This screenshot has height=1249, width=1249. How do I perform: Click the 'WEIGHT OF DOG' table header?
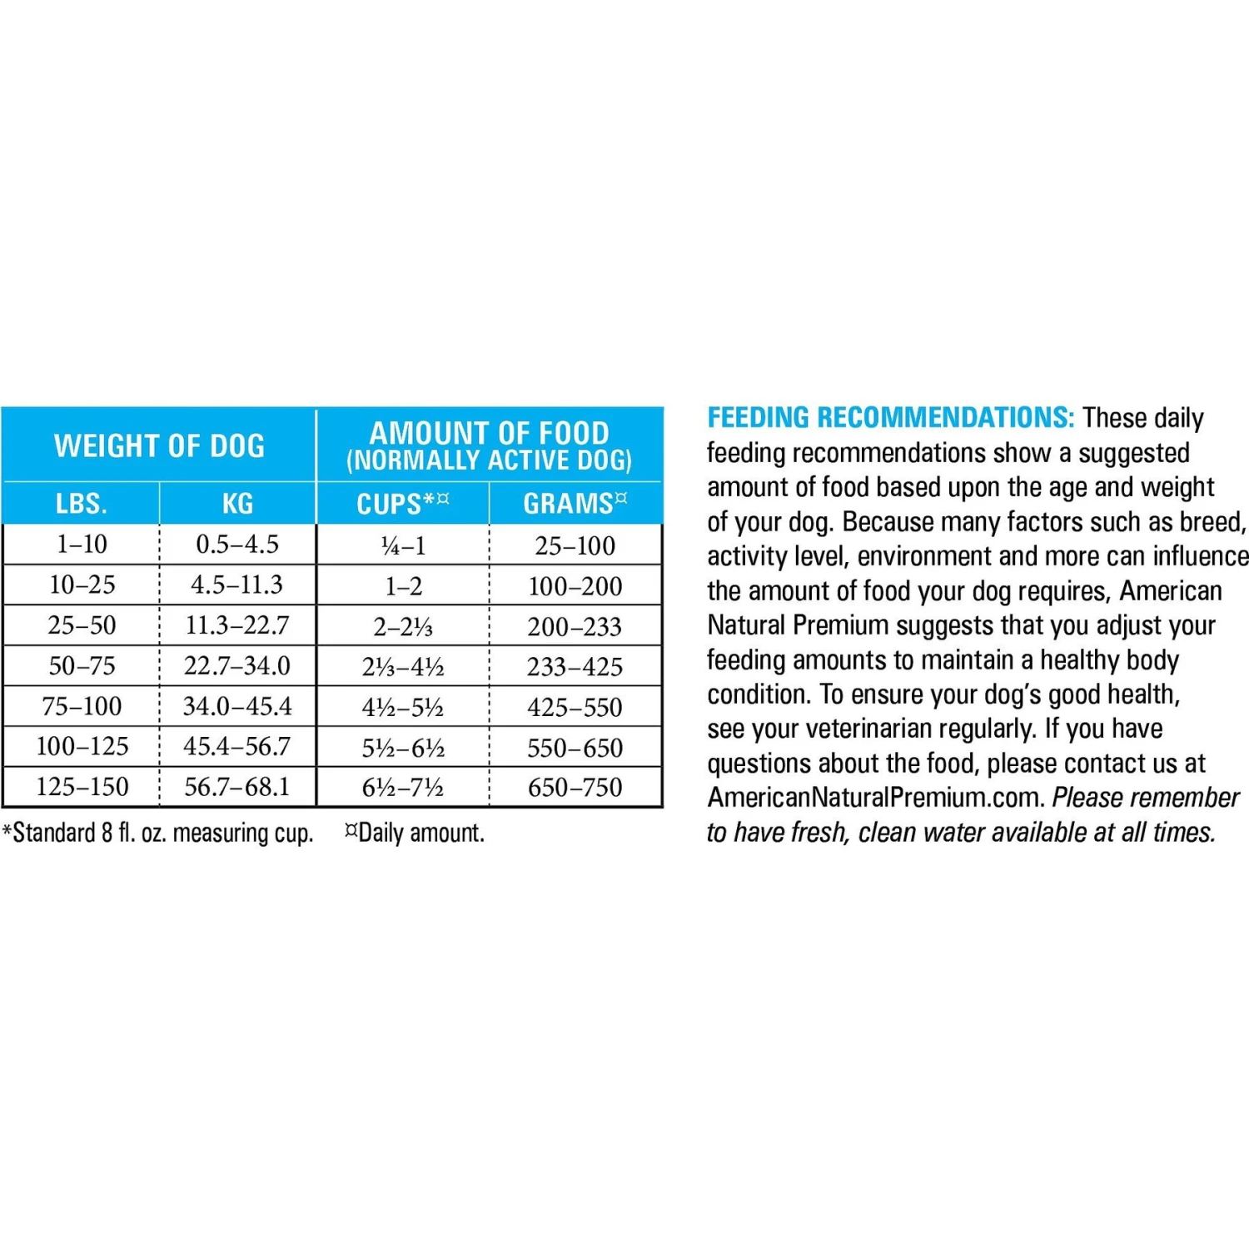click(159, 446)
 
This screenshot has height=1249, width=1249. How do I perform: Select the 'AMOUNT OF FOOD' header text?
click(490, 434)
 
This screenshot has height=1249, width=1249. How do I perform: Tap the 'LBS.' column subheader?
click(82, 504)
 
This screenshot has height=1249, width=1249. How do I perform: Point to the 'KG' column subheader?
click(237, 504)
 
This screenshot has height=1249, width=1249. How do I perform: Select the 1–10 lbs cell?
click(82, 545)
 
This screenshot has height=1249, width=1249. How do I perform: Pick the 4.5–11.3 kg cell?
click(237, 585)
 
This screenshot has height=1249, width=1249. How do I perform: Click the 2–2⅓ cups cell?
click(403, 626)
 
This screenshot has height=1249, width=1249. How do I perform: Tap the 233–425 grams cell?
click(575, 667)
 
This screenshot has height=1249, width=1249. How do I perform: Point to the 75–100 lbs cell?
click(82, 707)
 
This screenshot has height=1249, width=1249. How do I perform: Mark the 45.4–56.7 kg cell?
click(237, 747)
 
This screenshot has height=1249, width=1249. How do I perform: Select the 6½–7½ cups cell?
click(403, 788)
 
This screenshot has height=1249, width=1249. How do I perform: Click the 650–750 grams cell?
click(575, 788)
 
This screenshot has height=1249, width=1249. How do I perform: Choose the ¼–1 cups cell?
click(403, 546)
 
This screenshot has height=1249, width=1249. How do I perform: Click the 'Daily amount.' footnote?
click(416, 833)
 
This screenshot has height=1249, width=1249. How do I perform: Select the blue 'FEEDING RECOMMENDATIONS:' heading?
click(890, 418)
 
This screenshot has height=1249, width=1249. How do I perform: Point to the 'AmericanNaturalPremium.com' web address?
click(875, 798)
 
